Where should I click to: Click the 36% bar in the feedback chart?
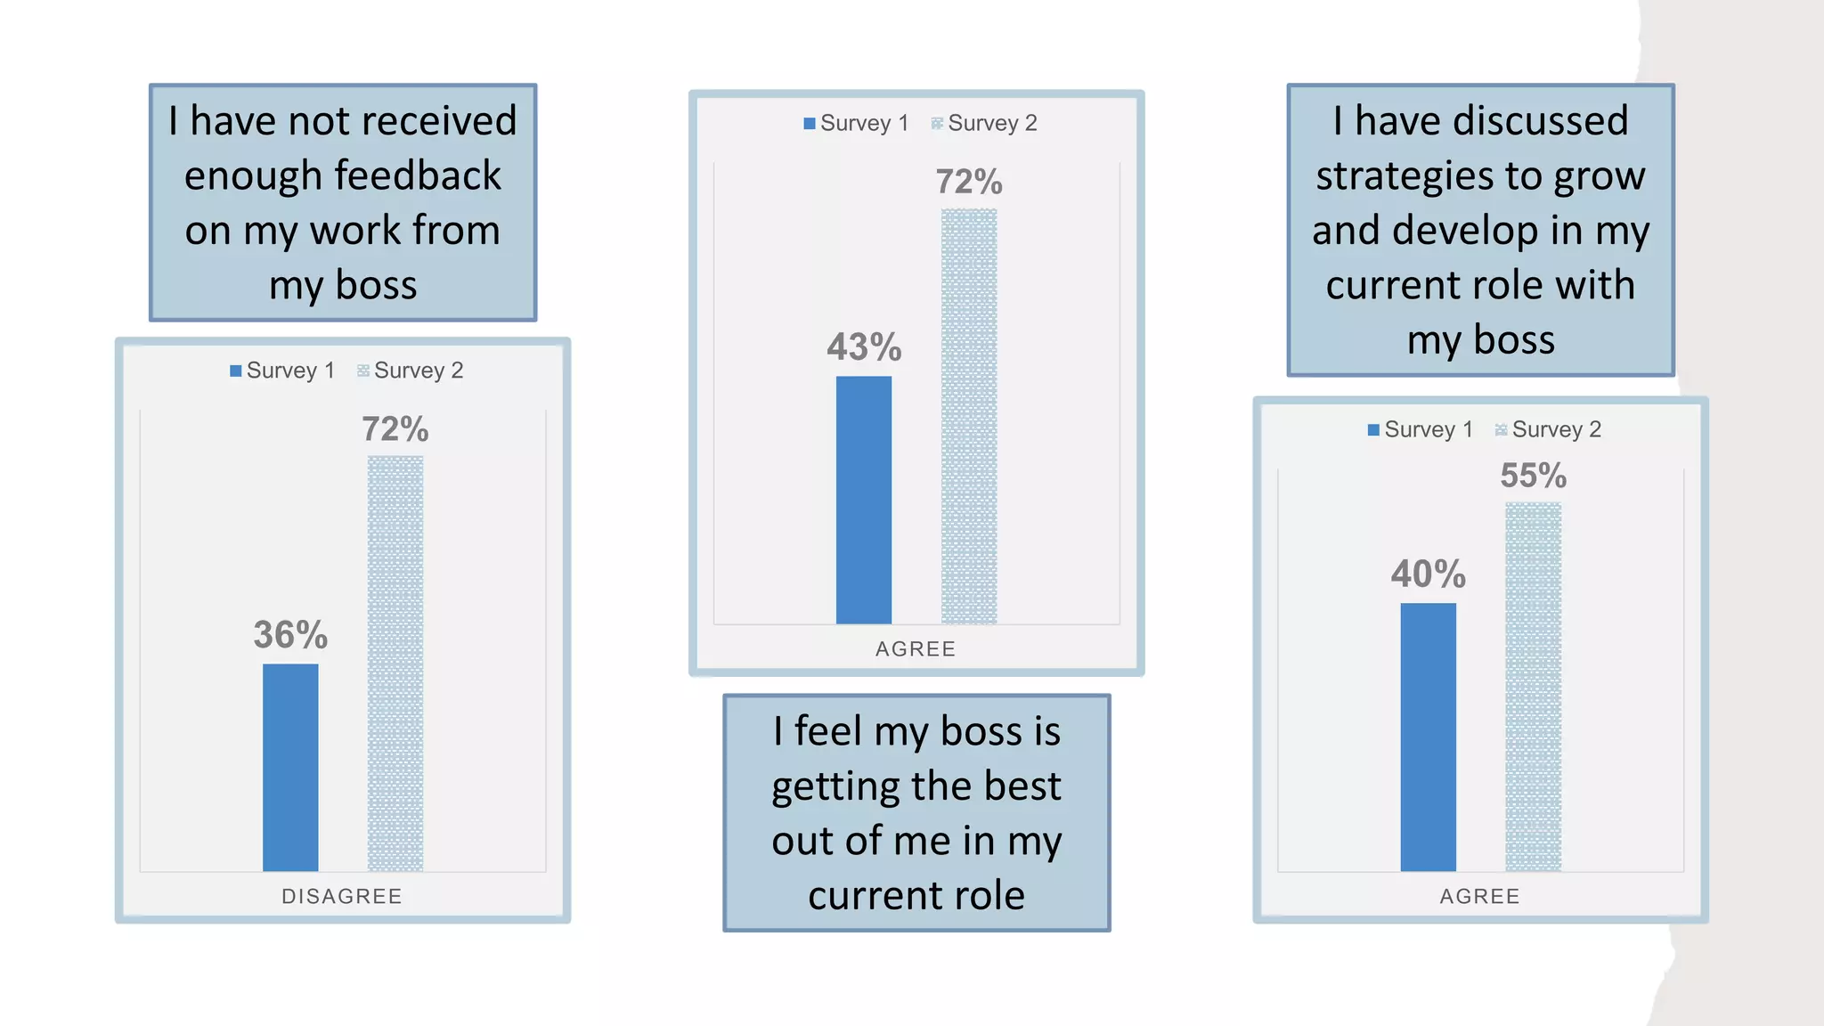tap(290, 767)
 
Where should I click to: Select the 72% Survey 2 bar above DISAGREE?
tap(395, 664)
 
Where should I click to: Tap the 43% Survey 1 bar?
tap(863, 500)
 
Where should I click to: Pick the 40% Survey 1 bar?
tap(1428, 737)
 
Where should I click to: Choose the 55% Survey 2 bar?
tap(1533, 687)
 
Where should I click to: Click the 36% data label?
tap(290, 635)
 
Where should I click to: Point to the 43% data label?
tap(864, 347)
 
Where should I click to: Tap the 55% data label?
tap(1533, 476)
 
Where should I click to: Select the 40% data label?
tap(1428, 574)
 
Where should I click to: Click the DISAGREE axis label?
tap(342, 897)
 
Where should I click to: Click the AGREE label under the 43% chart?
tap(916, 649)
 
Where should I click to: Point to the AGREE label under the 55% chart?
tap(1479, 897)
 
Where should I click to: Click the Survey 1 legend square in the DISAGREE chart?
tap(236, 370)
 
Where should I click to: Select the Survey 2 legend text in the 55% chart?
tap(1556, 430)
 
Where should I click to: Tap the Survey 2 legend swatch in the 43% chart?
tap(937, 124)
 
